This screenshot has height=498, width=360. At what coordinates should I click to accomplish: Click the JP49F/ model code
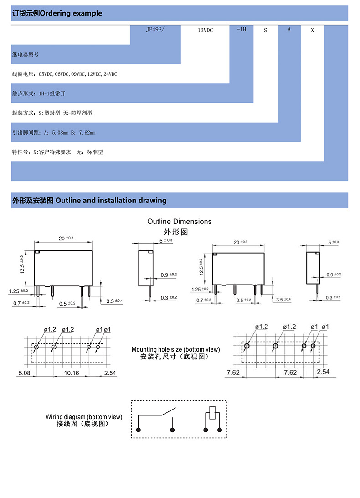pos(155,30)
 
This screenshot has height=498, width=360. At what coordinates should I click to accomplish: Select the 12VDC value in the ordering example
pos(206,30)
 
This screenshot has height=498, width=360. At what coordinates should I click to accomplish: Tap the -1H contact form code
pos(242,30)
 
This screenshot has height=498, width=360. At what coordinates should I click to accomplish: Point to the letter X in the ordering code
pos(312,30)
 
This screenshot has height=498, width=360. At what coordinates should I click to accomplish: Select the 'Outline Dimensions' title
pos(179,221)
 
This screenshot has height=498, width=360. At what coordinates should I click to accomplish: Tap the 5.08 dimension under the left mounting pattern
pos(24,373)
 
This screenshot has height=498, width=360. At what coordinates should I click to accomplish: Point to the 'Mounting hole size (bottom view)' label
pos(175,349)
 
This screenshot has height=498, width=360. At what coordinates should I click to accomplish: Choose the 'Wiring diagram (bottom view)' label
pos(84,417)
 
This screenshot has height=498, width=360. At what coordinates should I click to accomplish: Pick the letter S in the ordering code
pos(266,30)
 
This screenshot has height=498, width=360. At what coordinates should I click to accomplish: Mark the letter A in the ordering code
pos(289,30)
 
